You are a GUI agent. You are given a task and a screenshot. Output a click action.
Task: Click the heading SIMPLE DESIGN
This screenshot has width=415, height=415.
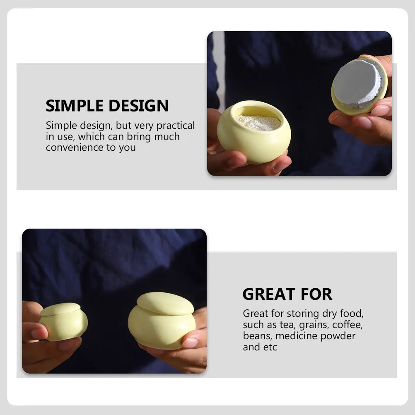point(107,106)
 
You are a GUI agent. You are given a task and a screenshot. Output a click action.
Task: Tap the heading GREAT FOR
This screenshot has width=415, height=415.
point(287,294)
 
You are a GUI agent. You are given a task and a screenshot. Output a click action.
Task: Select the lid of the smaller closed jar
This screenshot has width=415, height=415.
point(60,309)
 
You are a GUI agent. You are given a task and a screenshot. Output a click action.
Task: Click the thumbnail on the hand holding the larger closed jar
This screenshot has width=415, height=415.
point(190,343)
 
